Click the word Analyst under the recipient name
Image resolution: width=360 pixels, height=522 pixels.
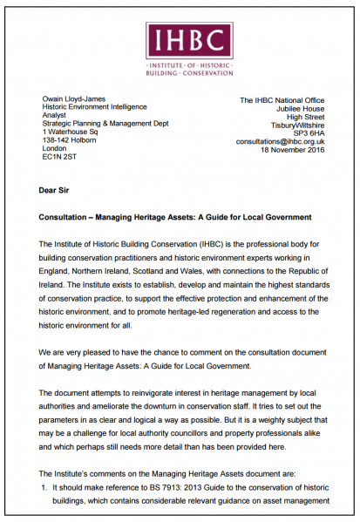(58, 110)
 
